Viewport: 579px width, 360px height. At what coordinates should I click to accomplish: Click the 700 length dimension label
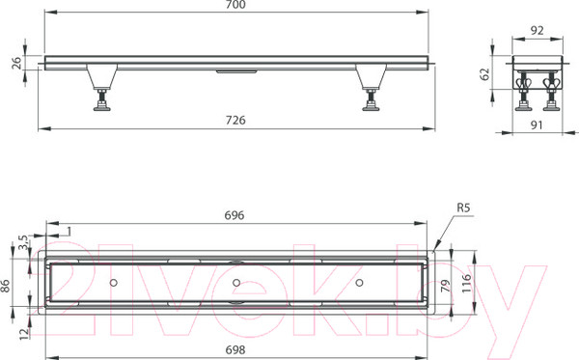pos(236,5)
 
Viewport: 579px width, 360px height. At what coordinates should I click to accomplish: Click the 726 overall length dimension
pos(236,121)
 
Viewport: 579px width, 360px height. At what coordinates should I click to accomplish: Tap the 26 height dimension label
pos(16,63)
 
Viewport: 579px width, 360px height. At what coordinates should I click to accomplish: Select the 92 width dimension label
pos(537,30)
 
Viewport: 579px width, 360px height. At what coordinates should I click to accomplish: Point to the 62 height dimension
pos(485,73)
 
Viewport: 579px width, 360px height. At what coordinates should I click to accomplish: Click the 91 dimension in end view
pos(537,125)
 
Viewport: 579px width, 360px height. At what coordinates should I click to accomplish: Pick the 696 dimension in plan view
pos(234,215)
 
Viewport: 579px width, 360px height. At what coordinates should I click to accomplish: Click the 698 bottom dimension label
pos(234,349)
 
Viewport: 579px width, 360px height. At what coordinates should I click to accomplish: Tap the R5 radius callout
pos(463,208)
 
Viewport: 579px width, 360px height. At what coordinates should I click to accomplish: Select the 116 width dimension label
pos(467,283)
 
